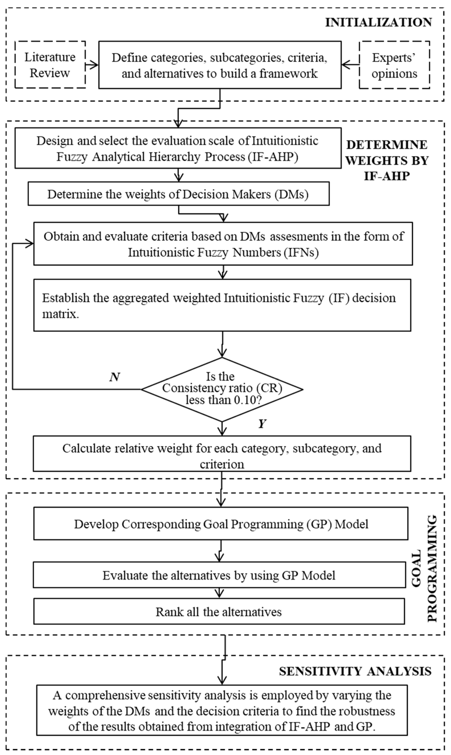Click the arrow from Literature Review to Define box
(92, 65)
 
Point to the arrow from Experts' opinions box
(350, 65)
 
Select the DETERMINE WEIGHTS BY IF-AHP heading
(387, 160)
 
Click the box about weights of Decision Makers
(178, 194)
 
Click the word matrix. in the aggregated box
(60, 314)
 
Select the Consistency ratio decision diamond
(222, 389)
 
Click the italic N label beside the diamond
(115, 377)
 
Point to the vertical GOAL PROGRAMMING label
(425, 568)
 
